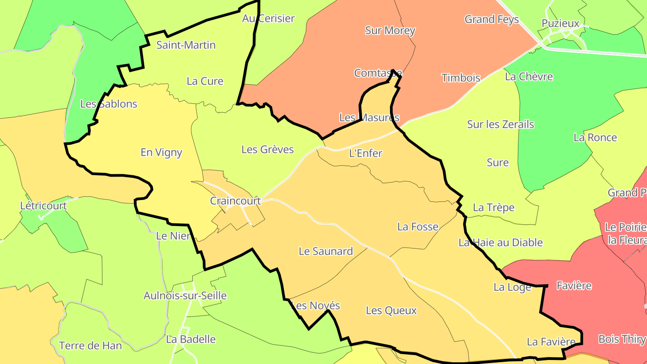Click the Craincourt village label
(235, 201)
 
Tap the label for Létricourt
(44, 206)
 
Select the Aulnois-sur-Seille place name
(185, 296)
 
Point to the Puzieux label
(560, 23)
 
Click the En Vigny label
(161, 152)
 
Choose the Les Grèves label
(267, 149)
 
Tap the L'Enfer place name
(365, 153)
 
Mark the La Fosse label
(417, 226)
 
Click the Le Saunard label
(326, 251)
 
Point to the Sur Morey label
(390, 31)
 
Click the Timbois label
(461, 78)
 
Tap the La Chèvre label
(529, 76)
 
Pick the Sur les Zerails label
(501, 124)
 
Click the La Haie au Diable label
(501, 243)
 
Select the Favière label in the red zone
(574, 286)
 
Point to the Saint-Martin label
(186, 45)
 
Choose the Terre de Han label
(90, 346)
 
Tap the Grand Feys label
(492, 19)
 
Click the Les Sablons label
(108, 104)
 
